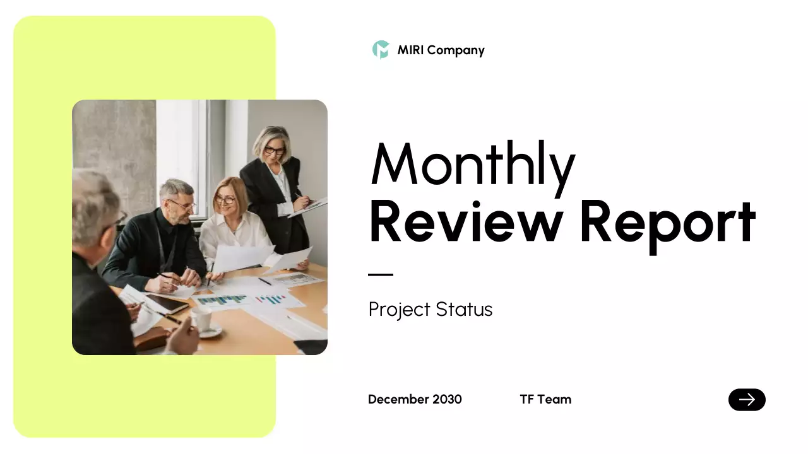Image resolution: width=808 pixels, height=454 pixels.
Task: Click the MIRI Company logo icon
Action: [x=381, y=50]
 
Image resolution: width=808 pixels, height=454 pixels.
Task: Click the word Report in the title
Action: [x=667, y=222]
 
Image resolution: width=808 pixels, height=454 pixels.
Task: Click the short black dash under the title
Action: [x=381, y=275]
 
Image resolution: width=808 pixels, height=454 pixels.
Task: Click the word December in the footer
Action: [x=398, y=399]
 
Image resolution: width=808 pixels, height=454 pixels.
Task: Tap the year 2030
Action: [x=447, y=399]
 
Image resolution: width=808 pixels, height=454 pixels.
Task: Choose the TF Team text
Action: [x=545, y=399]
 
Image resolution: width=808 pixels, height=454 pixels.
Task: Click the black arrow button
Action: [x=747, y=400]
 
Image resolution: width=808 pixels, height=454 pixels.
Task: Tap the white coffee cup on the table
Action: [x=201, y=319]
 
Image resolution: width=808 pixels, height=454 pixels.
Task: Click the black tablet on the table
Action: [x=167, y=305]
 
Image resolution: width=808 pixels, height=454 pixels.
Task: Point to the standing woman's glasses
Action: [x=275, y=150]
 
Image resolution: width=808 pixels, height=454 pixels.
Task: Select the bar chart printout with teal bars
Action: [x=222, y=300]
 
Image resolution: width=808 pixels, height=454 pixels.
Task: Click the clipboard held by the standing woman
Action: [x=309, y=206]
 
